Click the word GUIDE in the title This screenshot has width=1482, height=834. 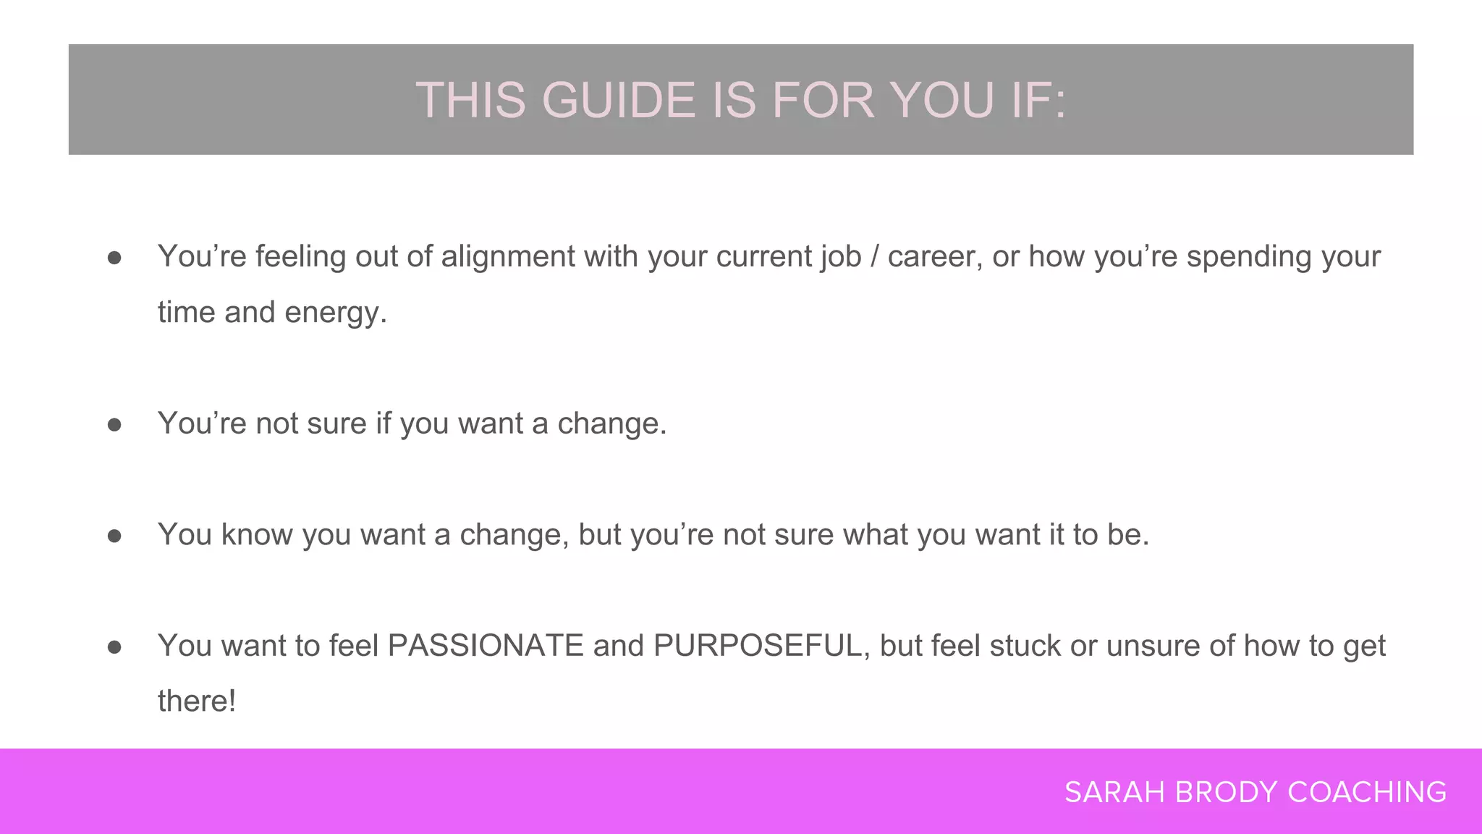(x=618, y=100)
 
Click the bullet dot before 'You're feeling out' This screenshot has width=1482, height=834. (x=114, y=258)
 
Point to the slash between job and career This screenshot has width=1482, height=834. (x=874, y=257)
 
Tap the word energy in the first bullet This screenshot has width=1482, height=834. (x=334, y=313)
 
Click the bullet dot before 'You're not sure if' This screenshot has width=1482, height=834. (x=114, y=425)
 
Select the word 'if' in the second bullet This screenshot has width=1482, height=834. (x=383, y=424)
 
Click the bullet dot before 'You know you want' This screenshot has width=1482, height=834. (x=114, y=536)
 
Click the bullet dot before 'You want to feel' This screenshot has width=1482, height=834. (x=114, y=647)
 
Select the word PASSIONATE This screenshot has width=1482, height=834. (x=486, y=646)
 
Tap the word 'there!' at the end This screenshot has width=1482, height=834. (x=197, y=702)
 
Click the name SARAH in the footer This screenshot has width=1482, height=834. (x=1115, y=792)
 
